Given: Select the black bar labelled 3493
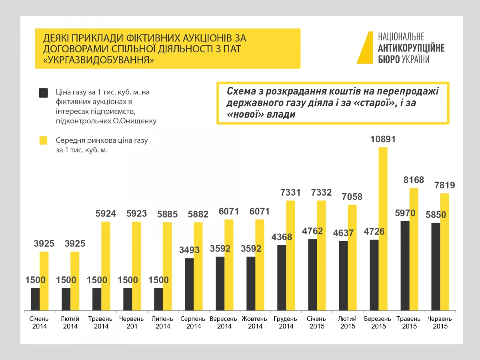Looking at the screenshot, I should tap(189, 284).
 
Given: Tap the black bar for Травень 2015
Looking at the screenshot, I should tap(405, 266).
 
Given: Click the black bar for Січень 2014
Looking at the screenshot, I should tap(35, 299).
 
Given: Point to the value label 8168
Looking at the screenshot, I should tap(413, 180).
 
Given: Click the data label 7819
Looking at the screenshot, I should tap(444, 185).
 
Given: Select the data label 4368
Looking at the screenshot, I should tap(282, 237).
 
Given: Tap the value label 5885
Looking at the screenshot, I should tap(167, 214).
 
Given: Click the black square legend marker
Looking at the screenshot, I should tap(43, 93).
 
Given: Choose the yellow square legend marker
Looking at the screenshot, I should tap(43, 140).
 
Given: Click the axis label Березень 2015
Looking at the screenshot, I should tap(378, 323).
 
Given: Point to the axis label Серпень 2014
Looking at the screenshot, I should tap(193, 323).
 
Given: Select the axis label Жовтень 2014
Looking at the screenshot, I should tap(255, 323).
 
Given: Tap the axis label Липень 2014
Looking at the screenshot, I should tap(162, 323).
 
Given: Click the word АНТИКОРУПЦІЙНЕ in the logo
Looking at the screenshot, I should tap(411, 48).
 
